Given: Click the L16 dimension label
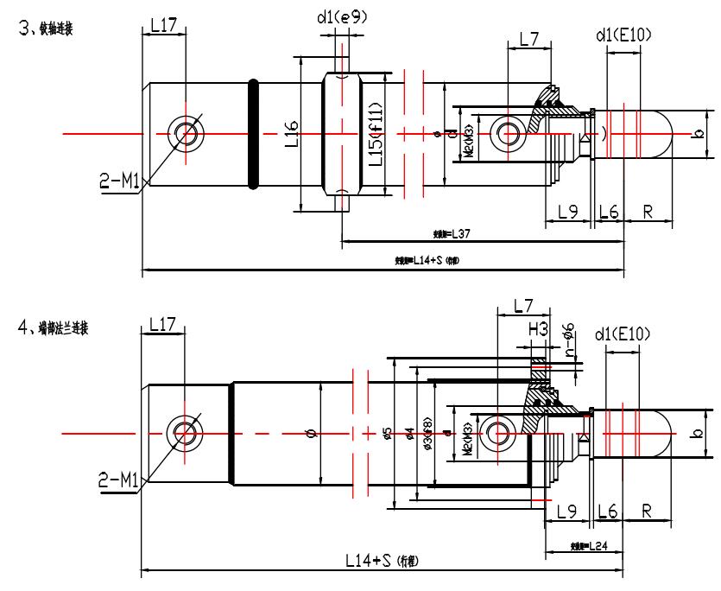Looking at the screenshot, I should click(x=292, y=134).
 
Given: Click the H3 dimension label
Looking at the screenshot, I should click(x=539, y=328).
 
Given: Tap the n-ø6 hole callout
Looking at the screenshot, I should click(x=569, y=337).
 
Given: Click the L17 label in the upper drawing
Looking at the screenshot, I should click(x=163, y=26).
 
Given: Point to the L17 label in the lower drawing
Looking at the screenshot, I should click(x=163, y=325).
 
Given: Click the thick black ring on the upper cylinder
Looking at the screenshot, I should click(x=253, y=134).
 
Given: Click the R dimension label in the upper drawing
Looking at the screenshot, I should click(x=647, y=211).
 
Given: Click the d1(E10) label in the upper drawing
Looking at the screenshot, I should click(x=623, y=35).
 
